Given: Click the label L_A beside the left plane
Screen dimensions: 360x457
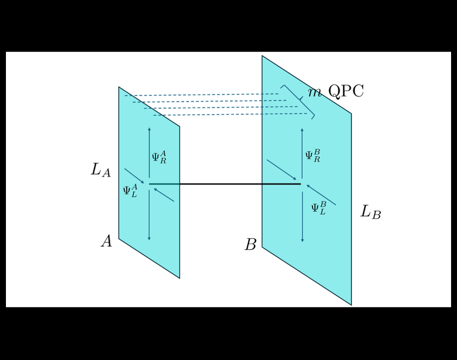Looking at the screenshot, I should pyautogui.click(x=100, y=170).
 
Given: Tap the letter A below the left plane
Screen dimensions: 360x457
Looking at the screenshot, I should pyautogui.click(x=106, y=241).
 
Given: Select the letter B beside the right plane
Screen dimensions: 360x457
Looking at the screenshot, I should pyautogui.click(x=251, y=245).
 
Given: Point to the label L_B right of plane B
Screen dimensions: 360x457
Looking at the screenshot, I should pyautogui.click(x=370, y=212).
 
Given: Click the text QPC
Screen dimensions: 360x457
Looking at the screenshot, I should pyautogui.click(x=346, y=91).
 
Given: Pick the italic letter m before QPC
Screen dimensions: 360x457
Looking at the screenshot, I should pyautogui.click(x=315, y=92).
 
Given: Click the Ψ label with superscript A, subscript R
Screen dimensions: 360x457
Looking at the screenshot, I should pyautogui.click(x=159, y=157).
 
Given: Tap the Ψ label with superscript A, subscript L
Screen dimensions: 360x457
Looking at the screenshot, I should pyautogui.click(x=130, y=191).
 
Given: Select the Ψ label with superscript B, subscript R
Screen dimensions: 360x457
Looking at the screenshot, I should pyautogui.click(x=312, y=156).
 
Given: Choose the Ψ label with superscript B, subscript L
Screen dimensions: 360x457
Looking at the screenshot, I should pyautogui.click(x=318, y=208).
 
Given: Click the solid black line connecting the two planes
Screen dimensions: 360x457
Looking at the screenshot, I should pyautogui.click(x=225, y=184).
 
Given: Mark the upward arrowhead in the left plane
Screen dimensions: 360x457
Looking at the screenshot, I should pyautogui.click(x=149, y=129).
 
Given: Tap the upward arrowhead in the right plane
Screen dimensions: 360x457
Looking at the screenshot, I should pyautogui.click(x=302, y=130).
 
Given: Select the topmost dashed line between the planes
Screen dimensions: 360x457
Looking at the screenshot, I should pyautogui.click(x=203, y=95).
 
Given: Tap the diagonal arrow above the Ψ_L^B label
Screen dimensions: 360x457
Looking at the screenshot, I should pyautogui.click(x=321, y=195).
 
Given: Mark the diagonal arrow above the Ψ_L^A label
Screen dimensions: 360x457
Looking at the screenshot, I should pyautogui.click(x=134, y=176).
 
